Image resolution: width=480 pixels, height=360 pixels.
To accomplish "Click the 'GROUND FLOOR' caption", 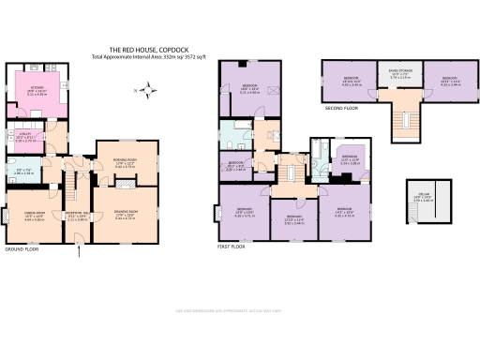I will click(x=22, y=250).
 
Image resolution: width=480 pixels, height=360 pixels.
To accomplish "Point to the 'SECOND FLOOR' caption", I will click(x=340, y=108).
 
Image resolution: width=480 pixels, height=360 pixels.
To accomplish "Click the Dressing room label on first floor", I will click(x=350, y=159).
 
